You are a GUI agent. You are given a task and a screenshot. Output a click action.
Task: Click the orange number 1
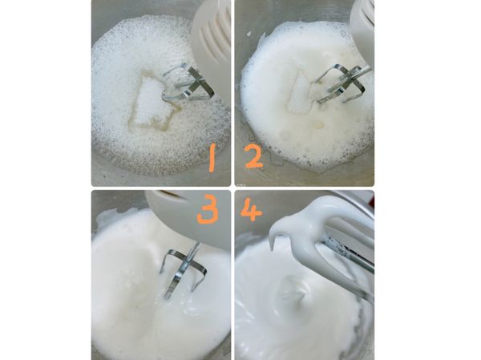pyautogui.click(x=212, y=158)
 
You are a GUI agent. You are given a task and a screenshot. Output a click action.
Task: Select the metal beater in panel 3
pyautogui.click(x=184, y=268)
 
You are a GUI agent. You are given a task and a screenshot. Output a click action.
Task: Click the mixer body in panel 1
pyautogui.click(x=210, y=36)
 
